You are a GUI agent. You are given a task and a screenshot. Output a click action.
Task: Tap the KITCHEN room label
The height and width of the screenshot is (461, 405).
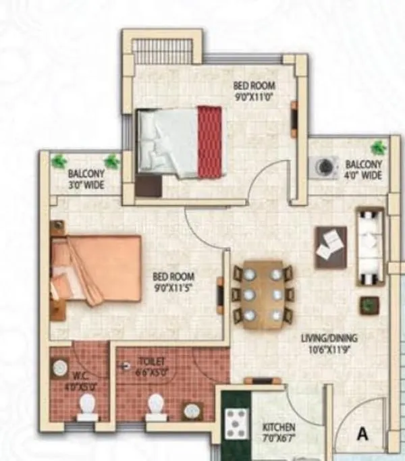279,428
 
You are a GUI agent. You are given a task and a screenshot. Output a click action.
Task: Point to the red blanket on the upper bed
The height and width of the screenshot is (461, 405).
210,142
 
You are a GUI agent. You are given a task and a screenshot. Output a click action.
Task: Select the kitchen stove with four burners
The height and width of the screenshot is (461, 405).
236,423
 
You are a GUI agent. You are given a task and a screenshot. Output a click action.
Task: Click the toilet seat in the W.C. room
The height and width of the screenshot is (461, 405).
87,406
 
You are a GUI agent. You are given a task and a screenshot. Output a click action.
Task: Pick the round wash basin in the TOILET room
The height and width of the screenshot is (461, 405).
193,410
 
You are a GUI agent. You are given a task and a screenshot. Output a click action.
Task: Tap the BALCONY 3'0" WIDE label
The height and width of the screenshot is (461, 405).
86,180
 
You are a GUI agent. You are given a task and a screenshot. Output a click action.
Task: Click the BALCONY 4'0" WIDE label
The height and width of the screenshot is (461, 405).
363,169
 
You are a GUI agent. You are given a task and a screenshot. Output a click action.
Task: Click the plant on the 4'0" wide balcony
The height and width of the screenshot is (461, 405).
379,147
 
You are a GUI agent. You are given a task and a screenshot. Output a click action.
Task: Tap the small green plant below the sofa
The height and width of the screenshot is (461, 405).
369,305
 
